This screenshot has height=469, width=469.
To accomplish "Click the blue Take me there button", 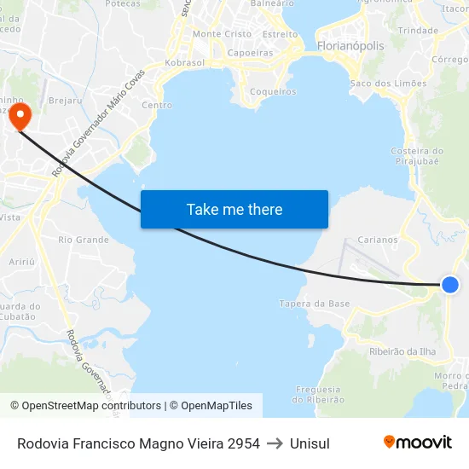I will (x=234, y=210).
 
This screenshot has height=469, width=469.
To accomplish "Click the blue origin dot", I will (x=449, y=285).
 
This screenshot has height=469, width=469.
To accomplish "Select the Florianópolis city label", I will (x=350, y=46).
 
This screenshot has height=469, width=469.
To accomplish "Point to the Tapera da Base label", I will (x=315, y=304).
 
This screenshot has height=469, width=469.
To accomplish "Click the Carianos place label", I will (x=378, y=240).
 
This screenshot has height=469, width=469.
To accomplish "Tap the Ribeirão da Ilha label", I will (x=403, y=351).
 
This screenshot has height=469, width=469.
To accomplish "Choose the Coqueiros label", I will (x=275, y=92).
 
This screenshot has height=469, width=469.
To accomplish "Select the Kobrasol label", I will (x=184, y=63).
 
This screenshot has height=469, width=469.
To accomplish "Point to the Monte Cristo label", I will (x=223, y=34).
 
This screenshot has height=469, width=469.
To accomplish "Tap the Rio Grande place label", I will (x=84, y=240).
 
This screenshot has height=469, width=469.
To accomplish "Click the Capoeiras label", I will (x=251, y=52).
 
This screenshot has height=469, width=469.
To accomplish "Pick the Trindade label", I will (x=418, y=30).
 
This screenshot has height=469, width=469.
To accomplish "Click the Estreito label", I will (x=280, y=34).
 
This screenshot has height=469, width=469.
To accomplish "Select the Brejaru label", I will (x=65, y=101).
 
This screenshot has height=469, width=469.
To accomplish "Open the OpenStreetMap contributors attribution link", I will (x=85, y=406).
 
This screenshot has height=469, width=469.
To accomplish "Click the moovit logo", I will (x=417, y=443).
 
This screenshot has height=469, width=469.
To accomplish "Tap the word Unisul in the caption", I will (x=310, y=443).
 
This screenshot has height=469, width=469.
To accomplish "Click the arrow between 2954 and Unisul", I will (x=275, y=443).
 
